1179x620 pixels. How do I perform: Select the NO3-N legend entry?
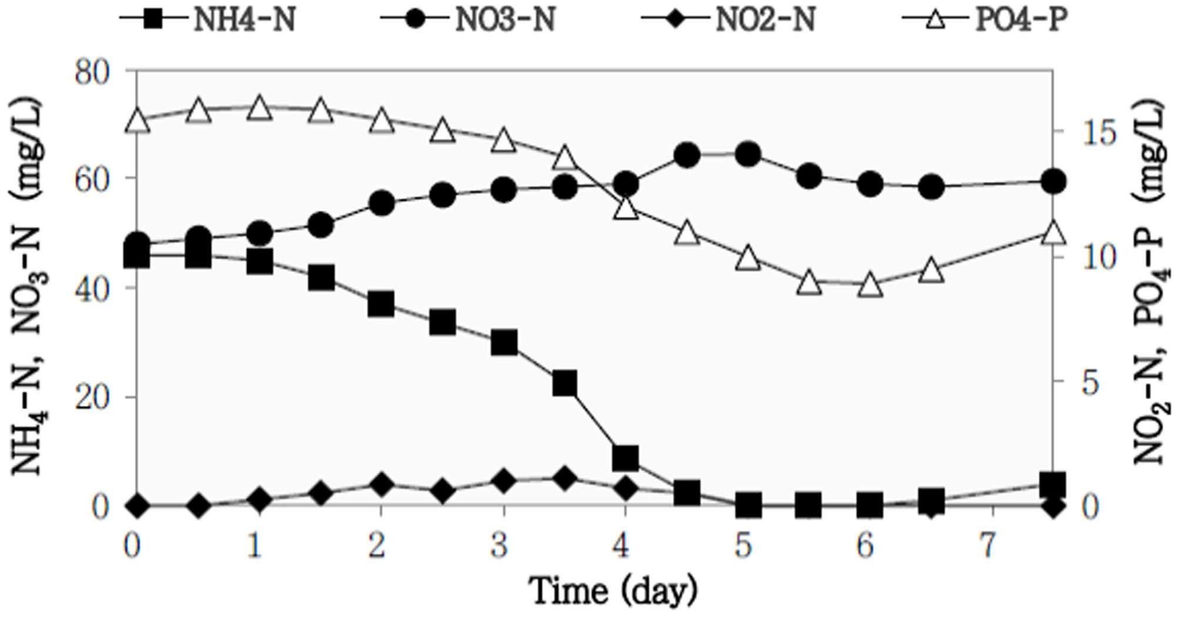(x=468, y=18)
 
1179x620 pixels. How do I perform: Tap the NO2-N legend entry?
(x=728, y=18)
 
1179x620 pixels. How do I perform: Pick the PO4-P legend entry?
(x=985, y=18)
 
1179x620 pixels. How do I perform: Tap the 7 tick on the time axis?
(x=991, y=546)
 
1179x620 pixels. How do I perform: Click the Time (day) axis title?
(x=614, y=591)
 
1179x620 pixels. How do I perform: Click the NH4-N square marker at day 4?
(x=625, y=457)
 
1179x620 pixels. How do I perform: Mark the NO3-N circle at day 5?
(x=747, y=155)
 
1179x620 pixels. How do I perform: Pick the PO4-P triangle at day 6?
(x=870, y=285)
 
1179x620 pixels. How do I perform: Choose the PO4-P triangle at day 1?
(x=259, y=107)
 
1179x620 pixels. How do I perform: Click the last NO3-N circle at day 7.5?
(x=1053, y=181)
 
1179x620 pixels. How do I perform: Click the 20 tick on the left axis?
(x=93, y=398)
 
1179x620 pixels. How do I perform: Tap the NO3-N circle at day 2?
(x=382, y=204)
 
